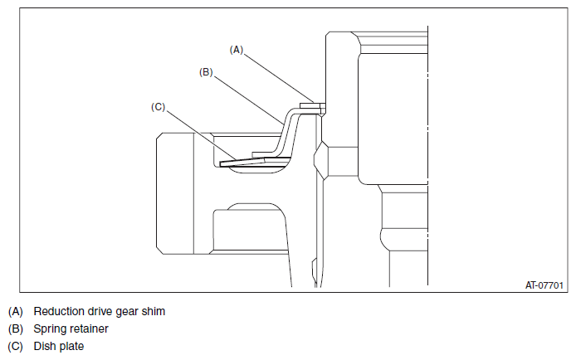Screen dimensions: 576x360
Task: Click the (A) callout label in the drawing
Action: pos(237,50)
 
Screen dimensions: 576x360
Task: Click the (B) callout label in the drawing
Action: pos(206,72)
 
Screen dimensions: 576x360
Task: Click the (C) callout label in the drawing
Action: pos(159,107)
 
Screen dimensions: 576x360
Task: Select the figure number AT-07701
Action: pos(544,285)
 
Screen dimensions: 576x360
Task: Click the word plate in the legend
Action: pos(71,347)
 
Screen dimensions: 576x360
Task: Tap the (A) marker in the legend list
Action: pos(16,312)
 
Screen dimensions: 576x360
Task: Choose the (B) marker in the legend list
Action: pos(16,328)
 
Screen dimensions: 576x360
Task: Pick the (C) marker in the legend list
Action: pos(16,347)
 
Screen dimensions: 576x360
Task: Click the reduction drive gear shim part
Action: pos(313,106)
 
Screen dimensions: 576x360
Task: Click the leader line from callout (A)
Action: pos(278,78)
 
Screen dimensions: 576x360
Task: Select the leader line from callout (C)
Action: pos(202,135)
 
